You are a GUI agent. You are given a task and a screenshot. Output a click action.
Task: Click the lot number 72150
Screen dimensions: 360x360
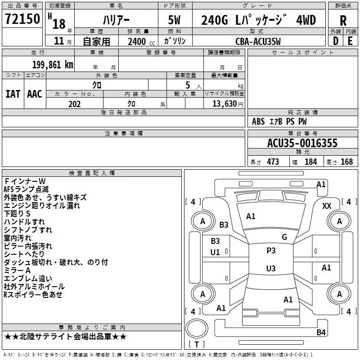[x=22, y=18]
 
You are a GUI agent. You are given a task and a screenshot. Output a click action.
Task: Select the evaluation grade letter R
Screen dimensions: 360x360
[x=343, y=21]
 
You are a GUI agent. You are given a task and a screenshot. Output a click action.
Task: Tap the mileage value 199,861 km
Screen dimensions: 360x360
[x=53, y=65]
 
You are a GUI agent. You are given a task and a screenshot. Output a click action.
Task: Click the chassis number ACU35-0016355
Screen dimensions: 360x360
[x=302, y=143]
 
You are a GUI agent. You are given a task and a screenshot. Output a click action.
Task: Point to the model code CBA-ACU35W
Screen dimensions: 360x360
[x=258, y=41]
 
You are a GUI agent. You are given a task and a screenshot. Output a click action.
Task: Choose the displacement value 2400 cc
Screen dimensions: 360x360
[x=141, y=41]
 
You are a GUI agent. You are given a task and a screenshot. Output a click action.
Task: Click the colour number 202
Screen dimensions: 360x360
[x=74, y=104]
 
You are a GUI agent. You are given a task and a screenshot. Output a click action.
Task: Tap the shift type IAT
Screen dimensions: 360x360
[x=13, y=94]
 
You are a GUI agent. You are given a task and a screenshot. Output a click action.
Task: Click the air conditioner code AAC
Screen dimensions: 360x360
[x=35, y=94]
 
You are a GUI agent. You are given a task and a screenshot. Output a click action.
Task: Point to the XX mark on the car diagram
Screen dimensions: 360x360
[x=327, y=206]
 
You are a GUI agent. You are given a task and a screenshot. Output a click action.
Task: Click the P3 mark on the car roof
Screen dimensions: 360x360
[x=271, y=251]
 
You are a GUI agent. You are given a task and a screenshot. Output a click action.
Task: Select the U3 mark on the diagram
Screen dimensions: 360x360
[x=271, y=268]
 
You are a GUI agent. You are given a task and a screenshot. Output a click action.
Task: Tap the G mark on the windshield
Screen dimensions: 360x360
[x=284, y=237]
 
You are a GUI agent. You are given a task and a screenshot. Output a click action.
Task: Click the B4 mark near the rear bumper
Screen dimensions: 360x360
[x=321, y=332]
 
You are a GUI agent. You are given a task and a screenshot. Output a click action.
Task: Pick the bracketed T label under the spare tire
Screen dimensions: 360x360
[x=197, y=344]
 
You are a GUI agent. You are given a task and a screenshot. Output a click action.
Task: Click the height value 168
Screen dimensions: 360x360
[x=346, y=162]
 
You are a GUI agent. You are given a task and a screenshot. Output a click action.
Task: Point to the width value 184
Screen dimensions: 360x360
[x=310, y=162]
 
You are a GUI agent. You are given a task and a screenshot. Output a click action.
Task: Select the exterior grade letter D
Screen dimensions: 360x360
[x=336, y=41]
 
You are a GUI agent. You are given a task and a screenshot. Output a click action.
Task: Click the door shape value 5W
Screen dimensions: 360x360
[x=174, y=20]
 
